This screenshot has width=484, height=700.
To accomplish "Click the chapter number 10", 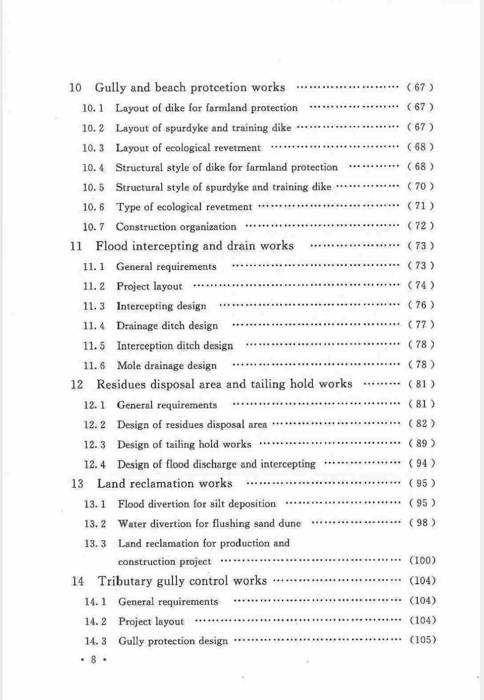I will pos(75,87).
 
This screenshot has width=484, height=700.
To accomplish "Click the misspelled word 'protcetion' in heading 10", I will pos(219,87).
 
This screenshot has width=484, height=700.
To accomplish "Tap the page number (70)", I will pos(420,186).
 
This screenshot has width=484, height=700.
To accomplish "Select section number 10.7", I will pos(93,227).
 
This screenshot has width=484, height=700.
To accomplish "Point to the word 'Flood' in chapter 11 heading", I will pos(112,246).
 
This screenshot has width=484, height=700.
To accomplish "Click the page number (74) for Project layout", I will pos(421,285).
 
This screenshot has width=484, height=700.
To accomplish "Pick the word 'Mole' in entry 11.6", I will pos(129,365).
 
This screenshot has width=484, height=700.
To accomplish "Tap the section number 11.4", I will pos(94,326).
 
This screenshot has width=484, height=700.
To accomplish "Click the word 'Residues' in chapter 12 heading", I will pos(121,384).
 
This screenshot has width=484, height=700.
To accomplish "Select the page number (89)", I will pos(421,443).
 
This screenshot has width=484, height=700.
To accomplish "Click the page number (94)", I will pos(422,463).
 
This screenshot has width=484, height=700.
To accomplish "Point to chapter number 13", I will pos(77,484).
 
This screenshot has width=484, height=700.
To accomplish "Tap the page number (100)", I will pos(423,560).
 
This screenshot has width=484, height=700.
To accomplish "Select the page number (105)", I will pos(423,640).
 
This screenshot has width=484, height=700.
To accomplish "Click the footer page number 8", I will pos(93,660).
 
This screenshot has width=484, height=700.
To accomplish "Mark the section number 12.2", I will pos(95,425).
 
